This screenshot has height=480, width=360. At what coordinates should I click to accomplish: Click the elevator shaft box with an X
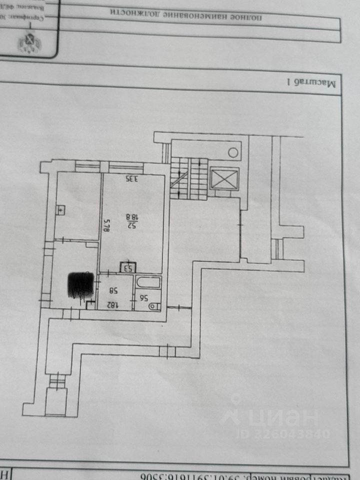point(224,178)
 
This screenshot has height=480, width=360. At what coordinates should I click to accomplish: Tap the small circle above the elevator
point(233,152)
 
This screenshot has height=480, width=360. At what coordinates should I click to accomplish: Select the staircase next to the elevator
point(189,179)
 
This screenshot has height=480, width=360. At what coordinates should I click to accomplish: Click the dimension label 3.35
point(131,178)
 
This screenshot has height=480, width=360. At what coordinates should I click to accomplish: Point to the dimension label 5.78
point(106,228)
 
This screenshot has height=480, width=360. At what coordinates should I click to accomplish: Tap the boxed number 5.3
point(127,268)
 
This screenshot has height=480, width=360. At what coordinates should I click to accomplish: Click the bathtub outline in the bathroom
point(148,282)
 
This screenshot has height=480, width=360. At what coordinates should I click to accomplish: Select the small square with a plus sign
point(60,211)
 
